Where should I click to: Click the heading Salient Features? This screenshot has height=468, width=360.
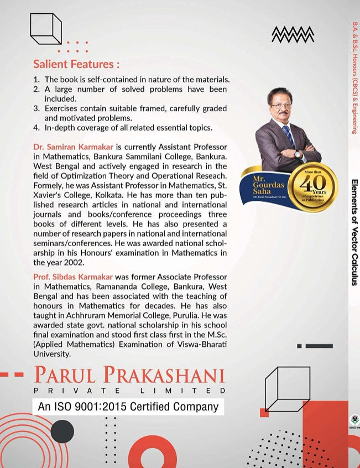(76, 64)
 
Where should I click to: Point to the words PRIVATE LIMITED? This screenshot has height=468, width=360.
(129, 391)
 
